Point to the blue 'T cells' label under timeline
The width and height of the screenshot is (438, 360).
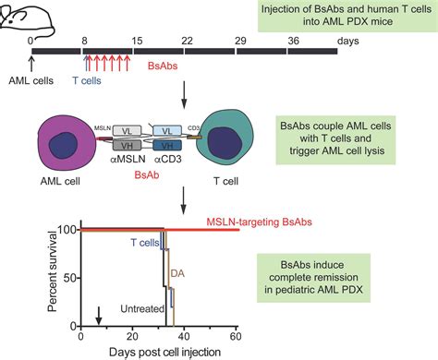coord(87,80)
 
